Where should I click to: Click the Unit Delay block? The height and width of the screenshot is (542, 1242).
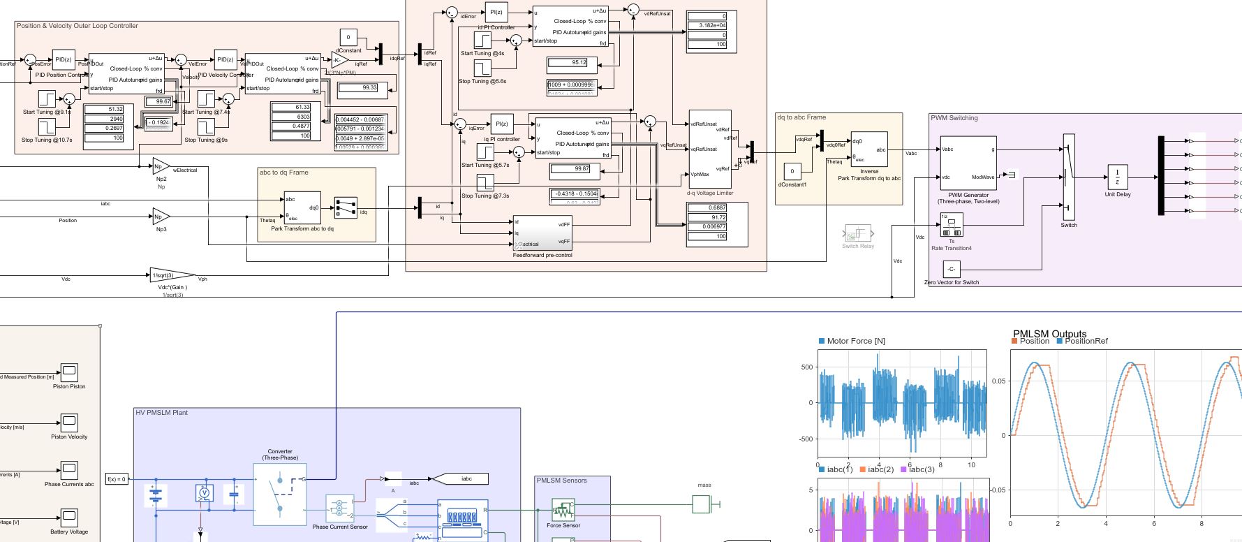[x=1117, y=177]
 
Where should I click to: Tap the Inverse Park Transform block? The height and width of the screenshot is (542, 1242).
[x=868, y=149]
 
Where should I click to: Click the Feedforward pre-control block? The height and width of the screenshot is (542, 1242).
[x=542, y=233]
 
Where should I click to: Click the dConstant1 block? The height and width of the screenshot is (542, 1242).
[x=792, y=171]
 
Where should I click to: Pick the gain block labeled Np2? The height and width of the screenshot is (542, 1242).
[x=161, y=167]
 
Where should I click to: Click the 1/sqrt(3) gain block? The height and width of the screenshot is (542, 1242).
[x=171, y=276]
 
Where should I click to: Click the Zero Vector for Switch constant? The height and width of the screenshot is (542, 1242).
[x=951, y=269]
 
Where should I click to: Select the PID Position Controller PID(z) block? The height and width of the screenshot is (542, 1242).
[x=64, y=59]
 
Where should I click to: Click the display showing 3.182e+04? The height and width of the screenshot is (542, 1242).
[x=711, y=26]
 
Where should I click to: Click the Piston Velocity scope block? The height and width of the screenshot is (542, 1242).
[x=68, y=422]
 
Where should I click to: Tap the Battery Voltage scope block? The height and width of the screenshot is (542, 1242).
[x=68, y=517]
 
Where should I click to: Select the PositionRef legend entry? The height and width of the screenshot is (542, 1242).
[x=1086, y=341]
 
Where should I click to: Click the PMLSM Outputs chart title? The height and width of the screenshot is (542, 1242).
[x=1049, y=334]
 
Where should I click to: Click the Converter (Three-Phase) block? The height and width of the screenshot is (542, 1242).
[x=280, y=494]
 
